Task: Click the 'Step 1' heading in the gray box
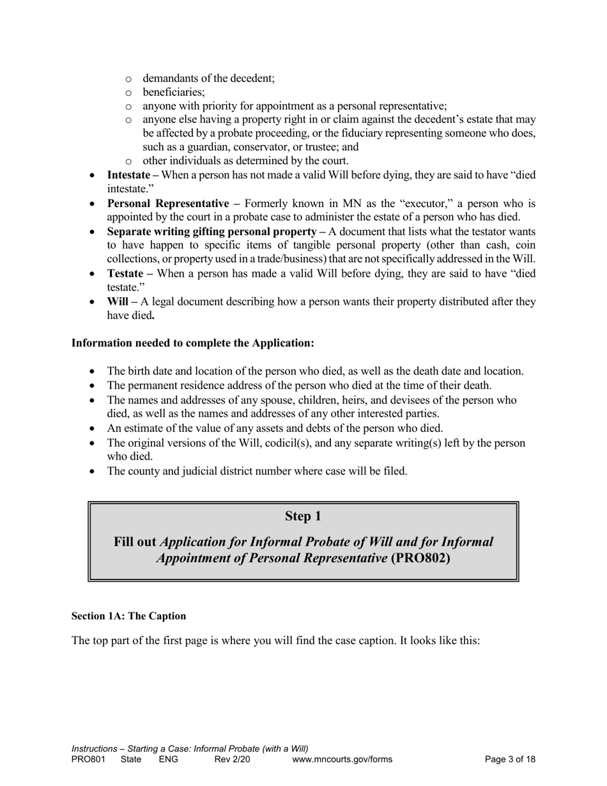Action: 303,516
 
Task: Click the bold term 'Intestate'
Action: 128,175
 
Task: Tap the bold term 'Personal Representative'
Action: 167,204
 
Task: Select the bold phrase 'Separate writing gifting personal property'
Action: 216,231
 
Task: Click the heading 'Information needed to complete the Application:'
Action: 193,343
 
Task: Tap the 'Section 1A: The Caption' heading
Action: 128,616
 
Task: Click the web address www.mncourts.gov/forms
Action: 342,760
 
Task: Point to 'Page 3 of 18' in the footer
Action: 510,760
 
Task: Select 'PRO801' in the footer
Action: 88,760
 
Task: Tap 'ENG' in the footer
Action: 168,760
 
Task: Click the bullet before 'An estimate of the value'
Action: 94,429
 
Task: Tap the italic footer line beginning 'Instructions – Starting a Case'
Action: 190,749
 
